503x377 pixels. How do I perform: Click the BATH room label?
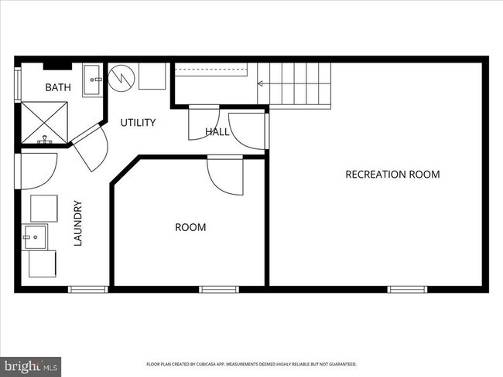click(x=58, y=88)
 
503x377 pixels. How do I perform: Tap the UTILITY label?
click(x=138, y=122)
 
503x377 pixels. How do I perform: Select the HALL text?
click(x=217, y=132)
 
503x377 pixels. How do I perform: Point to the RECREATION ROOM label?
click(x=392, y=175)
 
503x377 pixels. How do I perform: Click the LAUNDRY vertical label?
click(x=77, y=223)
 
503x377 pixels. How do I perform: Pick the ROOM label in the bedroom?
click(x=190, y=227)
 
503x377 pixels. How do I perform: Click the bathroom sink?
click(x=93, y=76)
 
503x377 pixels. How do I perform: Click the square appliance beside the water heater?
click(x=156, y=76)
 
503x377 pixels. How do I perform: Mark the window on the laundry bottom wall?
click(x=87, y=290)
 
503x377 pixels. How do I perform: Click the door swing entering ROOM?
click(x=225, y=176)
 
